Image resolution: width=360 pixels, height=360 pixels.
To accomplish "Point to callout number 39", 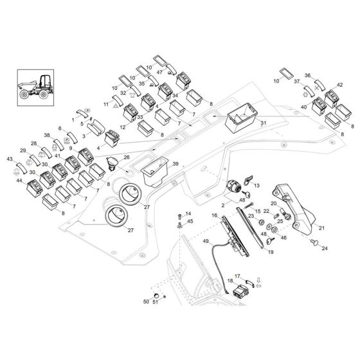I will click(175, 165).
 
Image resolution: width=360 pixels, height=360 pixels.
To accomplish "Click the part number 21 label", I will click(321, 228).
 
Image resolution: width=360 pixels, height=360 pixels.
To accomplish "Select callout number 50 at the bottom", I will click(145, 301).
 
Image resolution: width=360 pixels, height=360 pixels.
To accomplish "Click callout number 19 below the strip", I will click(271, 253).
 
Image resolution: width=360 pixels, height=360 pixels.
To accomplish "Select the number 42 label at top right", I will click(339, 84).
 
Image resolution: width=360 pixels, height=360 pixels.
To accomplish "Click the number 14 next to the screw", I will click(188, 213).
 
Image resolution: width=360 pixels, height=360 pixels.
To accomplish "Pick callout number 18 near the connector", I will click(230, 282).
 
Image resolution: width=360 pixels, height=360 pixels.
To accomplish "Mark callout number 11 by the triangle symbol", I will click(107, 104).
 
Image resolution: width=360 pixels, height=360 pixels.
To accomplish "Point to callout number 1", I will click(73, 120).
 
